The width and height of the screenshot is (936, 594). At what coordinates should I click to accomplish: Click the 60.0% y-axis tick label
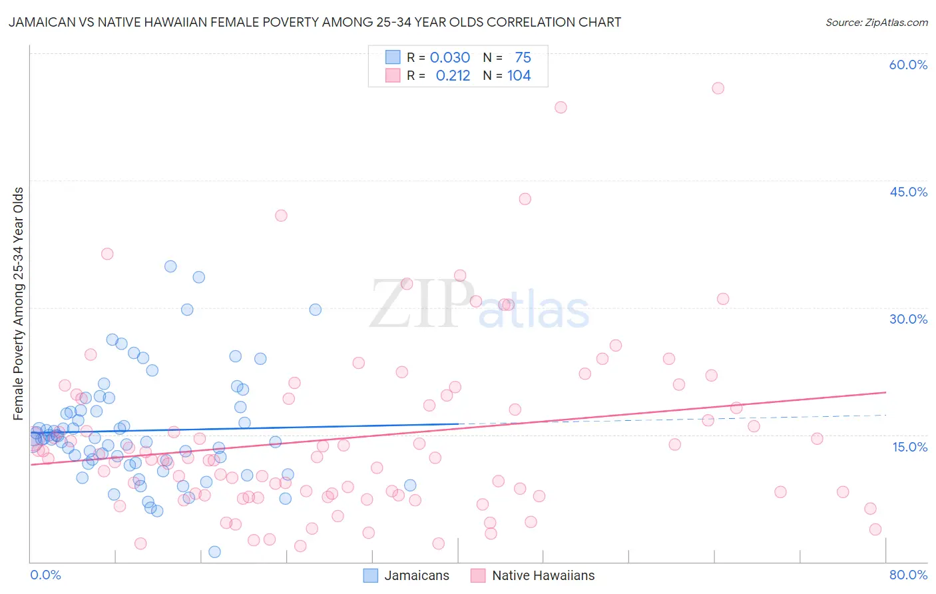point(908,65)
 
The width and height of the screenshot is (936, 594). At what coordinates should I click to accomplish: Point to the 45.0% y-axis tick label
point(908,192)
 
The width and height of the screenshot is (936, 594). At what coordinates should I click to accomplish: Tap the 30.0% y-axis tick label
point(908,319)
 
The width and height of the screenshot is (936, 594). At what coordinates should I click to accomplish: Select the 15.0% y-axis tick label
point(909,446)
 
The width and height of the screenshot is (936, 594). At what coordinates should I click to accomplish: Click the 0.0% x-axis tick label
point(45,575)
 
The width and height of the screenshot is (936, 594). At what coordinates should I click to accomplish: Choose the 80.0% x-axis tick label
point(908,575)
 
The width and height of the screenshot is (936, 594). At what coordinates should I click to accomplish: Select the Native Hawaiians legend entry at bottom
point(533,575)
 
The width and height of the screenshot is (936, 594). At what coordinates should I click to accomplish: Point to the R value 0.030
point(450,58)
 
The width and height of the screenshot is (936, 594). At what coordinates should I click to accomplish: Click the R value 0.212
point(453,76)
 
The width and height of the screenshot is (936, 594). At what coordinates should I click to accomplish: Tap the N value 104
point(519,76)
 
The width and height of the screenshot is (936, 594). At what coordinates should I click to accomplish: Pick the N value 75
point(523,58)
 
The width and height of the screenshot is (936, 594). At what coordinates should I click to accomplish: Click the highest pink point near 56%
point(718,88)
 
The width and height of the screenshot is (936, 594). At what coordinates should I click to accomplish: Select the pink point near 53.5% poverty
point(561,107)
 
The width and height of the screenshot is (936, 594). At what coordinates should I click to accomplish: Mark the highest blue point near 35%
point(170,266)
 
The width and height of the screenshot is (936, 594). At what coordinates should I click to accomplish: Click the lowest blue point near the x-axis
point(214,551)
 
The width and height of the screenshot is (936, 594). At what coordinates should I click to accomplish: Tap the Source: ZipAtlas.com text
point(876,23)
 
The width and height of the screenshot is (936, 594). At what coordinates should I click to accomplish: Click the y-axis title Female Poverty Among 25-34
point(19,304)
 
